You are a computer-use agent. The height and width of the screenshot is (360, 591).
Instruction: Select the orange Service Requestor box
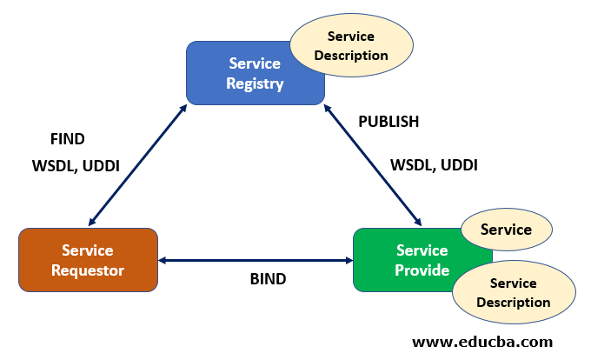(88, 260)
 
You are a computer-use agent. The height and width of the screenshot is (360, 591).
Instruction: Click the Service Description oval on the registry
(350, 46)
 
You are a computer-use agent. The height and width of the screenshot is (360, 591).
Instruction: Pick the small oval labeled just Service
(506, 230)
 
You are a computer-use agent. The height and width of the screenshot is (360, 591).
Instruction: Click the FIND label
(68, 138)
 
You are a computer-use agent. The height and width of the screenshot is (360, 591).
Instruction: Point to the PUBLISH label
(388, 122)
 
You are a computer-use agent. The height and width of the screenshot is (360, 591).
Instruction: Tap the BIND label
(268, 280)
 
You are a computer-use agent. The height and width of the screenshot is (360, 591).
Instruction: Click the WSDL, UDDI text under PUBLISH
(434, 164)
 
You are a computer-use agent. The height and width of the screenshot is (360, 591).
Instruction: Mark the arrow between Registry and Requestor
(137, 165)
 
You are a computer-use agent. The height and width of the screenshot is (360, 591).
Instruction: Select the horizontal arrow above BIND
(255, 260)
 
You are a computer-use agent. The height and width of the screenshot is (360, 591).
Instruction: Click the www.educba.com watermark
(481, 342)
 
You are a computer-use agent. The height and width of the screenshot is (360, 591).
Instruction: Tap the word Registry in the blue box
(255, 84)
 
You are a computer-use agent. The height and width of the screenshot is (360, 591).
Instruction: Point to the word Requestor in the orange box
(87, 270)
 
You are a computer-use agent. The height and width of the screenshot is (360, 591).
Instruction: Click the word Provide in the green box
(422, 270)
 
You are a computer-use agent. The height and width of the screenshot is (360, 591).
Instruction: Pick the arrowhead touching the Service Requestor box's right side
(163, 260)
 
